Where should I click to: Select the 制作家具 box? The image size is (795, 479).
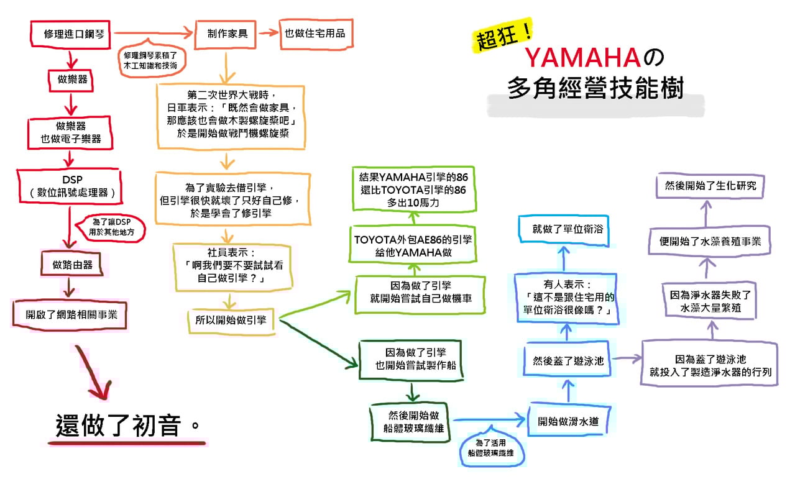[x=227, y=33]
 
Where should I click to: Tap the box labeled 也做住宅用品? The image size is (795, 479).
[x=315, y=34]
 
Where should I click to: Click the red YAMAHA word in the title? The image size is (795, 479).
[x=582, y=58]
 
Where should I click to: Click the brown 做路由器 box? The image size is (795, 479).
[x=72, y=265]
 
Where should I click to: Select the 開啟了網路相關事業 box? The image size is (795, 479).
[x=69, y=314]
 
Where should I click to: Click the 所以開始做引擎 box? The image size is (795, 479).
[x=231, y=320]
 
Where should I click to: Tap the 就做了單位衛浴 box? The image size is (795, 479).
[x=563, y=229]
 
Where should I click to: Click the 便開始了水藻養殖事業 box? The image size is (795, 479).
[x=710, y=241]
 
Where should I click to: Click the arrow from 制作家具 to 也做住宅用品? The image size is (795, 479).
[x=268, y=33]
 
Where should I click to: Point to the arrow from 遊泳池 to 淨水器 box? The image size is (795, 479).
[x=627, y=358]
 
